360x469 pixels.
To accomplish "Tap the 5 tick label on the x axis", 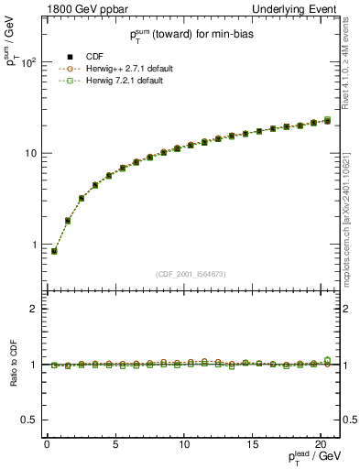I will coord(115,446).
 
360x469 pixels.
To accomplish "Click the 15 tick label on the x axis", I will coord(253,446).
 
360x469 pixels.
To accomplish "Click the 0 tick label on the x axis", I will coord(47,446).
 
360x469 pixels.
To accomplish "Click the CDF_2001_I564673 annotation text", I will coord(190,274).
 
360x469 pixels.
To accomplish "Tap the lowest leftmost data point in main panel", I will coord(54,251).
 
